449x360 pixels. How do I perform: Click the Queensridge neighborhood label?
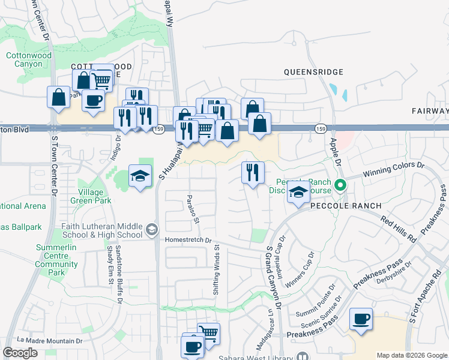click(313, 72)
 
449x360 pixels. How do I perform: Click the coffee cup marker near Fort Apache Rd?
click(361, 320)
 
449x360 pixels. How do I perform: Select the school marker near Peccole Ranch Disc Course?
click(297, 193)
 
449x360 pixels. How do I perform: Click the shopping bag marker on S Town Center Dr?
click(59, 97)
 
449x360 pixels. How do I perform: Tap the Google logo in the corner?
click(20, 353)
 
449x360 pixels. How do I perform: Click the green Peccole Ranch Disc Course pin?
click(340, 185)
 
